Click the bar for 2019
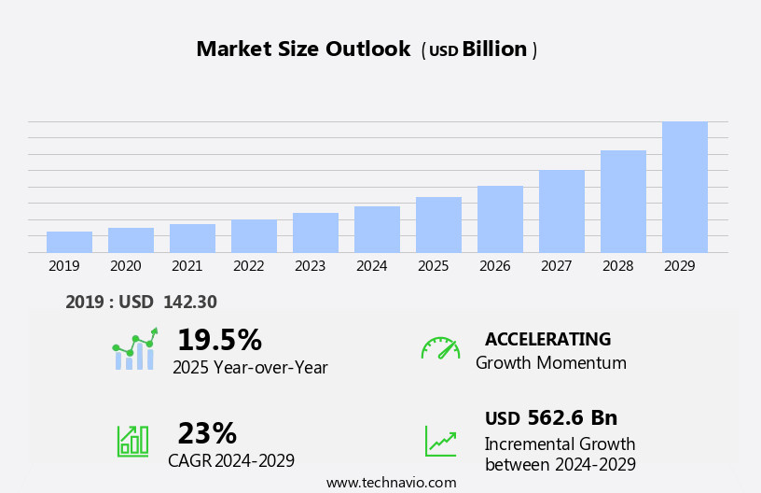[x=69, y=242]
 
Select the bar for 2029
[x=685, y=187]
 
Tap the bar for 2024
[x=377, y=230]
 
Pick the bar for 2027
[x=561, y=211]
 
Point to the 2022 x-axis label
[x=248, y=266]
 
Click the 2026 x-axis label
[x=494, y=266]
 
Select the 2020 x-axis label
[x=125, y=266]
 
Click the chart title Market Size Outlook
[x=303, y=49]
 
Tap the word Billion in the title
[x=494, y=49]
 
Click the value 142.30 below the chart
[x=189, y=302]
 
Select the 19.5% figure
[x=219, y=340]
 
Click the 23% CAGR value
[x=207, y=433]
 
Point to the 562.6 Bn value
[x=572, y=418]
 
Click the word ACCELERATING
[x=547, y=339]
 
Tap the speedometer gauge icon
[x=440, y=348]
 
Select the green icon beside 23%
[x=132, y=440]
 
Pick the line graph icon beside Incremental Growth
[x=440, y=441]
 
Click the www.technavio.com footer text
[x=391, y=483]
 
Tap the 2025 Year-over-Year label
[x=250, y=368]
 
